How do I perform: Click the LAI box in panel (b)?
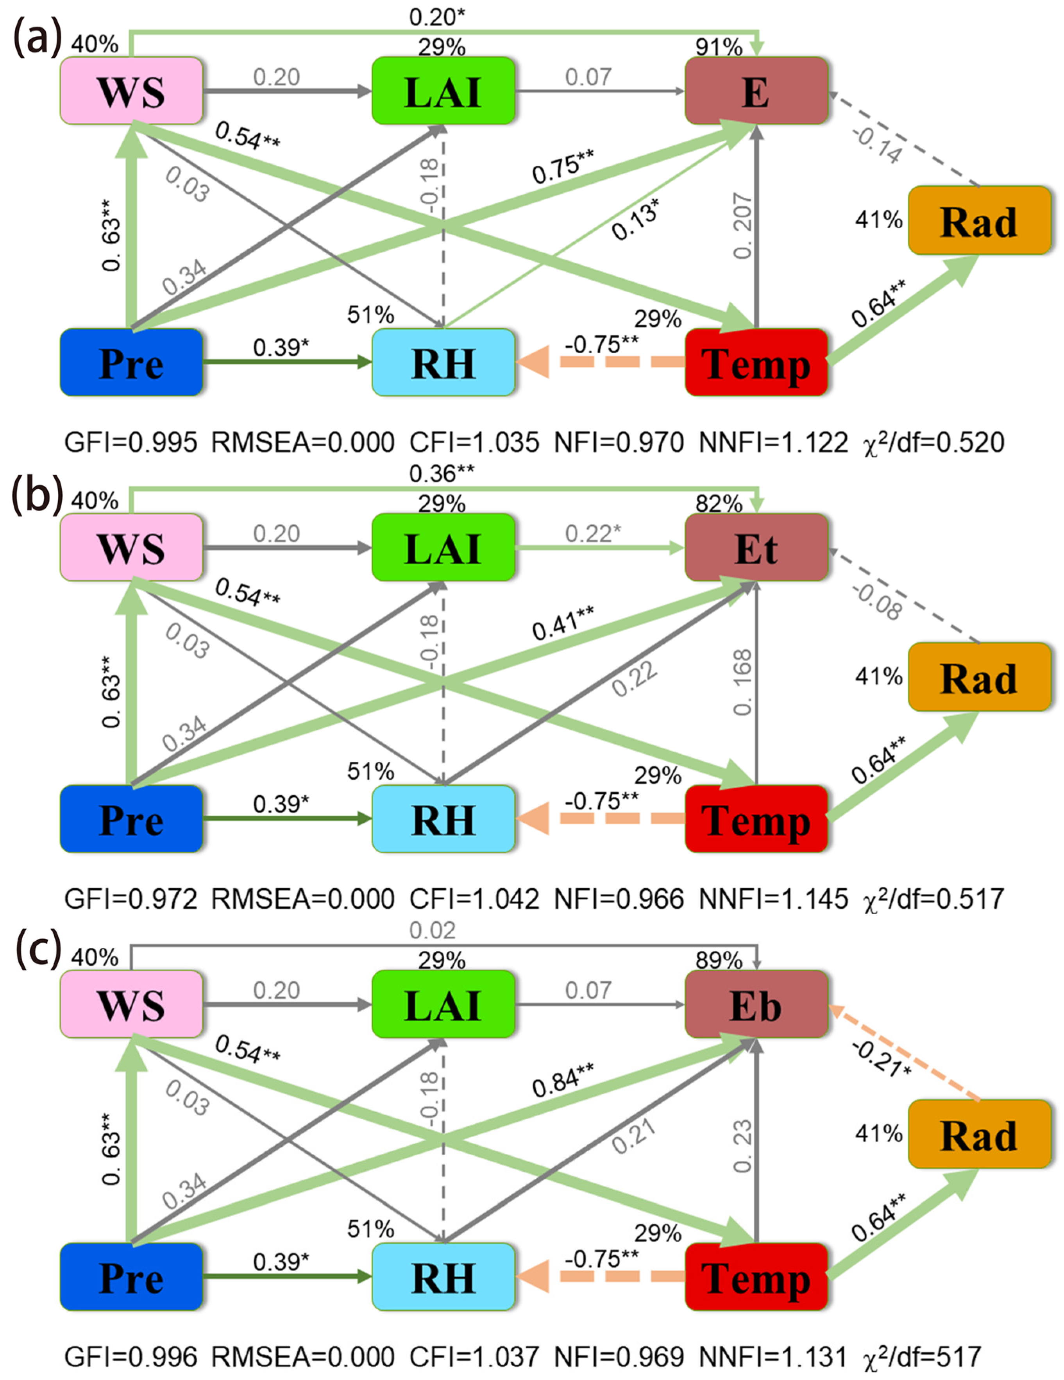pos(443,548)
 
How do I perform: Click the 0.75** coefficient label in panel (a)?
pos(562,166)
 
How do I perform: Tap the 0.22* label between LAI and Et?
pos(592,534)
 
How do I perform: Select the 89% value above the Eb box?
pos(719,960)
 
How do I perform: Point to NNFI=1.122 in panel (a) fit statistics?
pos(773,442)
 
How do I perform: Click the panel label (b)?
pos(37,496)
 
